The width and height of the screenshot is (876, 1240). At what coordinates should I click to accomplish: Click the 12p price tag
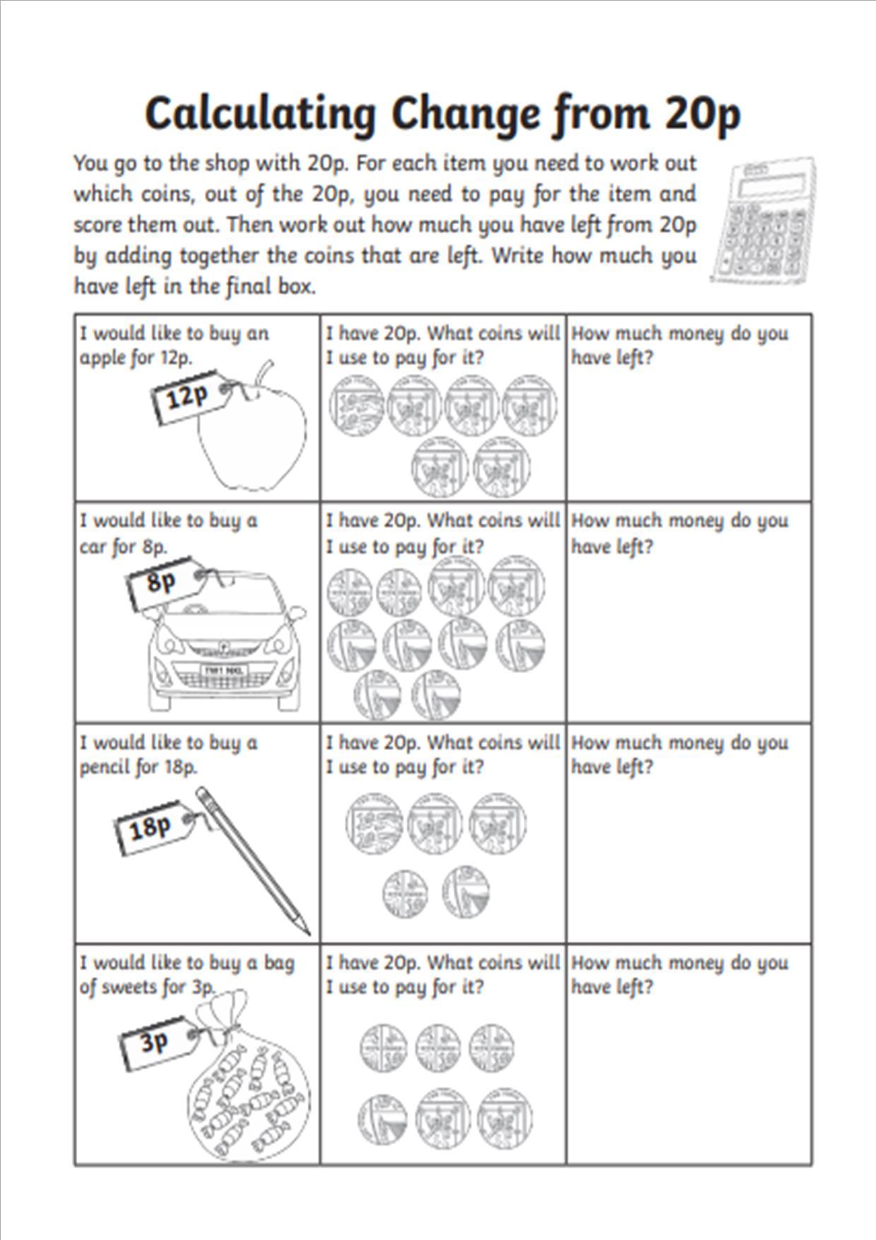coord(187,399)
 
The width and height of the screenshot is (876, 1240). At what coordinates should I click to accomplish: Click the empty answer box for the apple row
coord(689,431)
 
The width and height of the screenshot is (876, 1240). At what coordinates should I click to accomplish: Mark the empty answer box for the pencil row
coord(689,855)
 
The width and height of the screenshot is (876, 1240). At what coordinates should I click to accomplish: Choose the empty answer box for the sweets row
coord(689,1075)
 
